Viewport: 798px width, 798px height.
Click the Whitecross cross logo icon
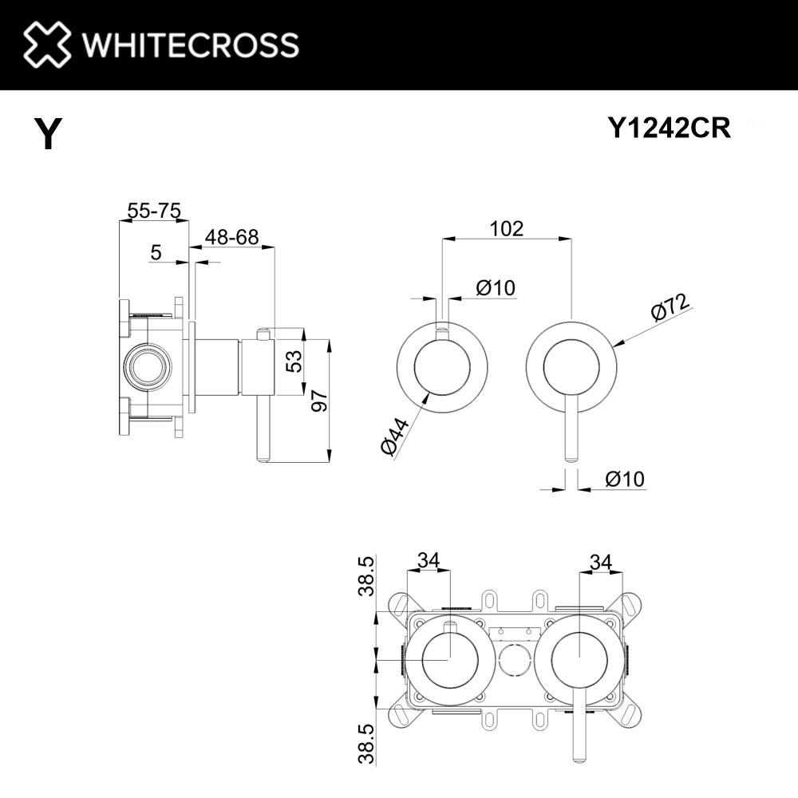[x=47, y=44]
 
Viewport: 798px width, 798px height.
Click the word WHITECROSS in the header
[x=191, y=45]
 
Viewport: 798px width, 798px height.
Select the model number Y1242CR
[x=670, y=128]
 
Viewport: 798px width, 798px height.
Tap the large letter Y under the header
[x=49, y=133]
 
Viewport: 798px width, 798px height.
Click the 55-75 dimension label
[x=154, y=210]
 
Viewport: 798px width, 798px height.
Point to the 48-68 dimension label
[x=231, y=237]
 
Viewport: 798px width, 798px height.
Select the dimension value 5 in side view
[x=156, y=252]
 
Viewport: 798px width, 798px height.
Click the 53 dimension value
[x=294, y=361]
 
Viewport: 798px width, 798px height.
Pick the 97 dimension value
[x=320, y=401]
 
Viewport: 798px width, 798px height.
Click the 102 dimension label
[x=507, y=228]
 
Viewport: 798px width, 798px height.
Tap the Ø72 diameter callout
[x=671, y=307]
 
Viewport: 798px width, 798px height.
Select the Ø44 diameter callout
[x=395, y=437]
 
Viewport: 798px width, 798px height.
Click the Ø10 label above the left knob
[x=496, y=288]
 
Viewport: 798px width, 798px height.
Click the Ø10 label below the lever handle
[x=625, y=479]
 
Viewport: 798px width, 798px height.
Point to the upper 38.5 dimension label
[x=366, y=576]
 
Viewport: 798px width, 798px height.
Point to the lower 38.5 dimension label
[x=366, y=744]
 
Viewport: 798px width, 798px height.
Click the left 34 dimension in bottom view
[x=429, y=560]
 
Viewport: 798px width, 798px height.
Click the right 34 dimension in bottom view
[x=601, y=562]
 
